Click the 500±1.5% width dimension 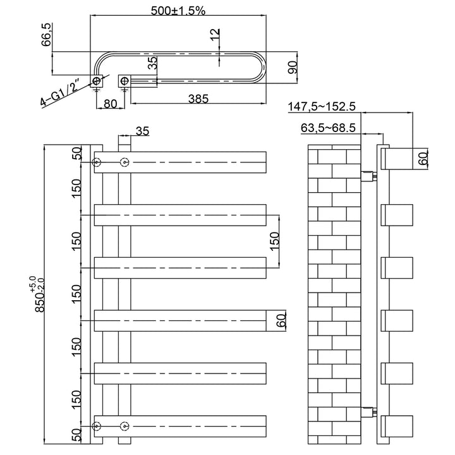point(178,11)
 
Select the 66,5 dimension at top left point(47,35)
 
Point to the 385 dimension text point(198,99)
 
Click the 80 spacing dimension point(110,104)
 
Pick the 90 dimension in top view point(293,68)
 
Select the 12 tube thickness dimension point(215,35)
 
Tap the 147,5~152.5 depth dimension point(322,107)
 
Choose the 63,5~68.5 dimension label point(328,128)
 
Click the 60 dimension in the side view point(424,159)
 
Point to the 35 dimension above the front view point(142,131)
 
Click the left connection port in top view point(96,80)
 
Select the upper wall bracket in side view point(368,176)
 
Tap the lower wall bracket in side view point(368,412)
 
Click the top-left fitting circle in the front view point(96,162)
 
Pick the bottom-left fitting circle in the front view point(96,427)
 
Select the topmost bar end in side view point(397,159)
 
